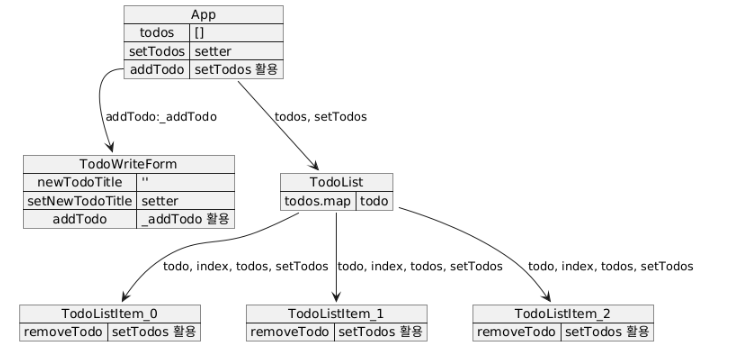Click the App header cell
(204, 14)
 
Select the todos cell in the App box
(157, 33)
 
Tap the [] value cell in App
(236, 33)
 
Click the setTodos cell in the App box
(157, 51)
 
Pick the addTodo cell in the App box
(157, 70)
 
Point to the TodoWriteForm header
(129, 164)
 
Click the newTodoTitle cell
(80, 183)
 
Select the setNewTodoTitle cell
(80, 201)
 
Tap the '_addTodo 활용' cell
(185, 219)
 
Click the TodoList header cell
(337, 182)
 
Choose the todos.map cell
(318, 201)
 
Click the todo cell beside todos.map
(374, 201)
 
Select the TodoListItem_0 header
(110, 314)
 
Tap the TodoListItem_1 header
(337, 314)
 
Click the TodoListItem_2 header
(563, 314)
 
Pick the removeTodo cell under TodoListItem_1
(290, 332)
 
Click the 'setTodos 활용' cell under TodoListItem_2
(607, 332)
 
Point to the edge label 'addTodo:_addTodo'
(161, 117)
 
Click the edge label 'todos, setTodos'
(321, 117)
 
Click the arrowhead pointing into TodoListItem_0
(125, 297)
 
